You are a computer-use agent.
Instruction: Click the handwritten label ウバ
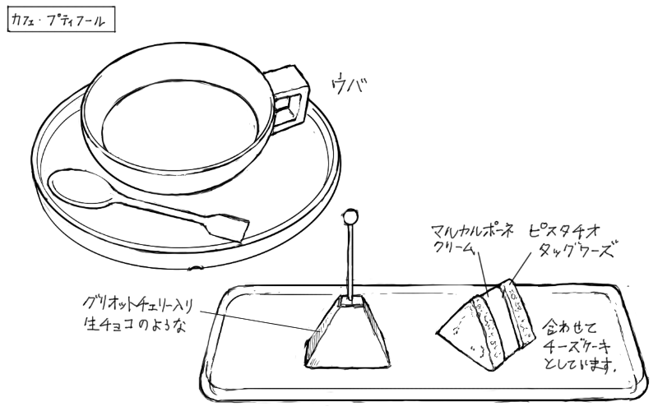pyautogui.click(x=350, y=85)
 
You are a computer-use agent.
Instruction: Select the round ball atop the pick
pyautogui.click(x=350, y=218)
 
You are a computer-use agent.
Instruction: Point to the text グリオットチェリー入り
pyautogui.click(x=137, y=301)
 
